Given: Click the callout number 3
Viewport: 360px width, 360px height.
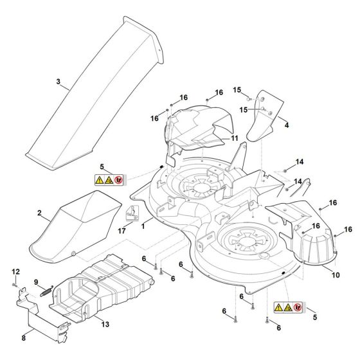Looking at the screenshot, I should point(59,82).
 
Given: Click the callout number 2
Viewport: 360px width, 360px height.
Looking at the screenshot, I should point(39,213).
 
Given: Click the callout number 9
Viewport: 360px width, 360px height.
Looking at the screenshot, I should point(37,282).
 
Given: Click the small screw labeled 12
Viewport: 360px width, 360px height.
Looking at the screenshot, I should point(14,283).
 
